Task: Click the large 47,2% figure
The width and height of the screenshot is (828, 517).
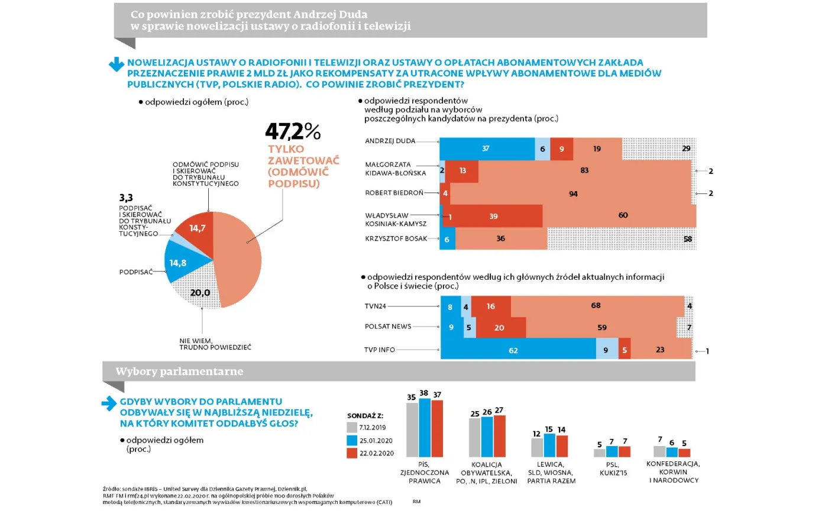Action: click(x=293, y=131)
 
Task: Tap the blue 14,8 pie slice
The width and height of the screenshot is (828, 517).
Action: click(x=180, y=262)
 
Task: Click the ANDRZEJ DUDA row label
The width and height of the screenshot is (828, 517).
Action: click(x=390, y=141)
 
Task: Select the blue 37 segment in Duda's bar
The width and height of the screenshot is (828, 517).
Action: click(x=486, y=149)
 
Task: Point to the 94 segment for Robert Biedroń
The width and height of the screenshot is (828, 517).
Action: click(x=573, y=193)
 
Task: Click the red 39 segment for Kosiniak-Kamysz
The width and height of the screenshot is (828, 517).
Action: click(x=493, y=217)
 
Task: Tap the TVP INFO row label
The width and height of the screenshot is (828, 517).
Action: click(x=379, y=350)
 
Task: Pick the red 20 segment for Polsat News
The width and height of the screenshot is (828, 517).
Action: click(x=500, y=328)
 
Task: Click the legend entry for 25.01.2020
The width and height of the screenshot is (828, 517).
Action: click(x=376, y=441)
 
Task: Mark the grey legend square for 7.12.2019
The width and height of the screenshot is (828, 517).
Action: click(x=352, y=427)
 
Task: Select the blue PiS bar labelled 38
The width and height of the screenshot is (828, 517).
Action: click(x=424, y=428)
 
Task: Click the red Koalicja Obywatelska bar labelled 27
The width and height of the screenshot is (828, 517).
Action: click(x=499, y=436)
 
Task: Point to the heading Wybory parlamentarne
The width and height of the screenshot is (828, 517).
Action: click(x=179, y=371)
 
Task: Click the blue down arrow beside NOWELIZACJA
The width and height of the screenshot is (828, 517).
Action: click(x=116, y=64)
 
